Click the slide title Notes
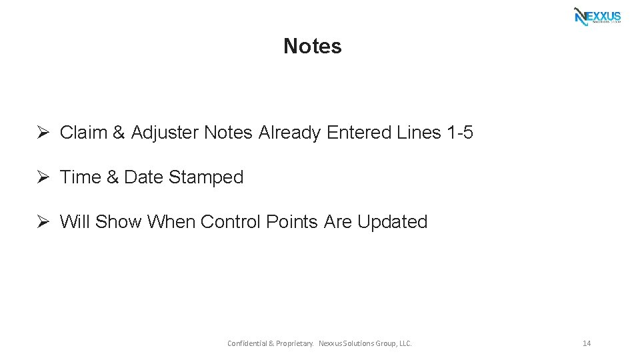pyautogui.click(x=312, y=46)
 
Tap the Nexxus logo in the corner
pyautogui.click(x=597, y=16)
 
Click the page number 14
pyautogui.click(x=587, y=343)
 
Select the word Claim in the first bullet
pyautogui.click(x=83, y=133)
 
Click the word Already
pyautogui.click(x=289, y=133)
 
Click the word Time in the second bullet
pyautogui.click(x=81, y=177)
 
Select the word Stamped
pyautogui.click(x=206, y=177)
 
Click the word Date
pyautogui.click(x=144, y=177)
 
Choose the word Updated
pyautogui.click(x=392, y=222)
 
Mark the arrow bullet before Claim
pyautogui.click(x=43, y=133)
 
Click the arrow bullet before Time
pyautogui.click(x=43, y=177)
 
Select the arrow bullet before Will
pyautogui.click(x=43, y=222)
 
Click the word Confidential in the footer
pyautogui.click(x=247, y=343)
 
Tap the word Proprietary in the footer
pyautogui.click(x=293, y=343)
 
